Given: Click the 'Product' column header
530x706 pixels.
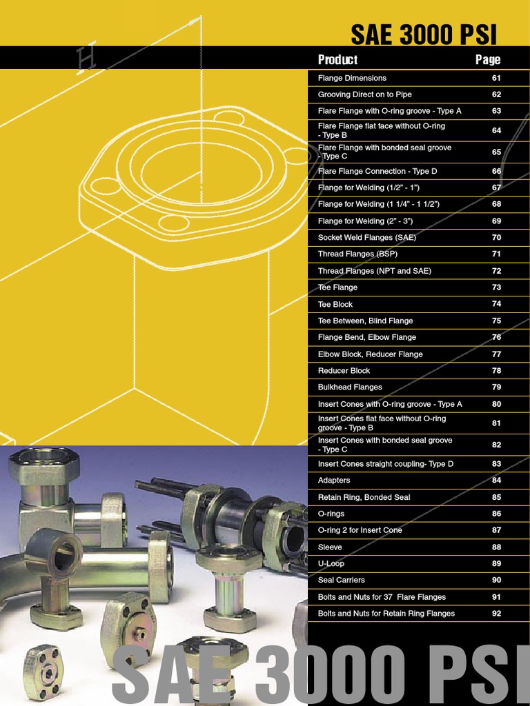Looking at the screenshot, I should (x=337, y=59).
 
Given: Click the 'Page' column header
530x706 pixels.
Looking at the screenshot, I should (x=487, y=59).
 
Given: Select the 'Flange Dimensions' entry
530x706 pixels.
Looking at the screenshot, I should (x=352, y=78).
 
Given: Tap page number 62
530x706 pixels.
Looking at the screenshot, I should (x=496, y=94).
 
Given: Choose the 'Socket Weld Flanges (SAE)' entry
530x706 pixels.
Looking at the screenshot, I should (x=367, y=238).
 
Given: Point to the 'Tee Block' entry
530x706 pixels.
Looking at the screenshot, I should (x=335, y=304).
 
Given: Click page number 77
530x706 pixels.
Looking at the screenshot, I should (x=496, y=354).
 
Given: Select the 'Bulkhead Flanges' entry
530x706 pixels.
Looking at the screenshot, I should (x=350, y=387).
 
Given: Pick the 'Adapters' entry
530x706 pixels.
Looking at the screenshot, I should (x=334, y=481).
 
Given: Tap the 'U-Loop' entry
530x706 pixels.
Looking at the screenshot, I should (x=331, y=563).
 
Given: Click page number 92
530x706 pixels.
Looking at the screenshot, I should (x=496, y=614).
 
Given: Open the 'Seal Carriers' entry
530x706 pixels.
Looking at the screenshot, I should (x=342, y=581).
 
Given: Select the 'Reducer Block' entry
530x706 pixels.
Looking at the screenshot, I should (x=344, y=371).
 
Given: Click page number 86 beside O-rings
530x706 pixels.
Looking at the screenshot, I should (x=496, y=514).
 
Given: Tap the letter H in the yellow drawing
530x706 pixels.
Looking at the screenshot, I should (x=87, y=61).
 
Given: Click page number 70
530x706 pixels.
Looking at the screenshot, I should (x=496, y=238).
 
